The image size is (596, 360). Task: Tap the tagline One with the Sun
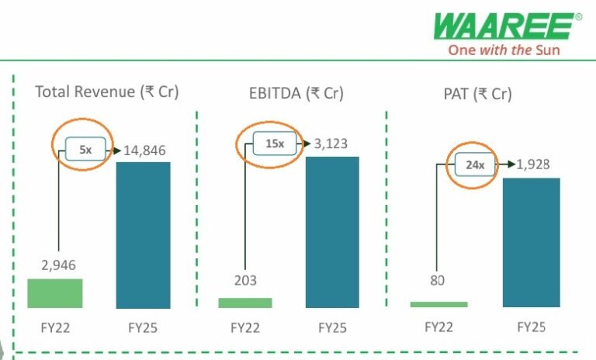click(x=504, y=50)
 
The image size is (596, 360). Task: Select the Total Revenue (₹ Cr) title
click(x=107, y=92)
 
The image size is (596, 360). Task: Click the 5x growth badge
click(x=85, y=150)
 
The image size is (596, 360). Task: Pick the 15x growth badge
click(x=275, y=144)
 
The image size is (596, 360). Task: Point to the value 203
click(x=244, y=280)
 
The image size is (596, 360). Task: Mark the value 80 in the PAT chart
click(x=438, y=280)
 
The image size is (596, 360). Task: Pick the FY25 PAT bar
click(x=532, y=242)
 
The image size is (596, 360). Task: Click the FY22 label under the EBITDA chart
click(x=244, y=327)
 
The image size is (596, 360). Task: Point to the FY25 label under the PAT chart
click(x=532, y=327)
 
